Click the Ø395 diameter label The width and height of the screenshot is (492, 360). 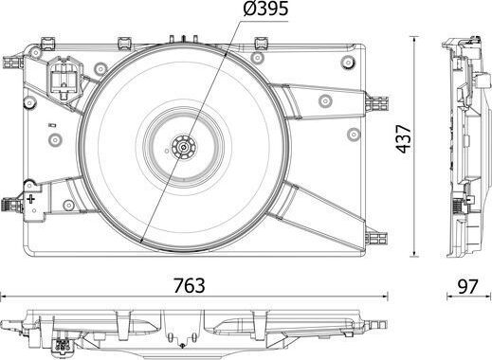(265, 9)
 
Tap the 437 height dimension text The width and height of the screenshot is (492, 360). (404, 139)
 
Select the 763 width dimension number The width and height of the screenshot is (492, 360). (190, 285)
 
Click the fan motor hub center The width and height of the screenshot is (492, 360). (183, 147)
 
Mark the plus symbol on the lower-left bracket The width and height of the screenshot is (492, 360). (30, 199)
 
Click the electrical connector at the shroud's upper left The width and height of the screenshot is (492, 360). (64, 78)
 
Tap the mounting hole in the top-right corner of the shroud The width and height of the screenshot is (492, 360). (348, 62)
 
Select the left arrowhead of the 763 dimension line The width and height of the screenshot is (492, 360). (3, 297)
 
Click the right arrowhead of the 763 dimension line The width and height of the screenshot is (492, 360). (385, 297)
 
